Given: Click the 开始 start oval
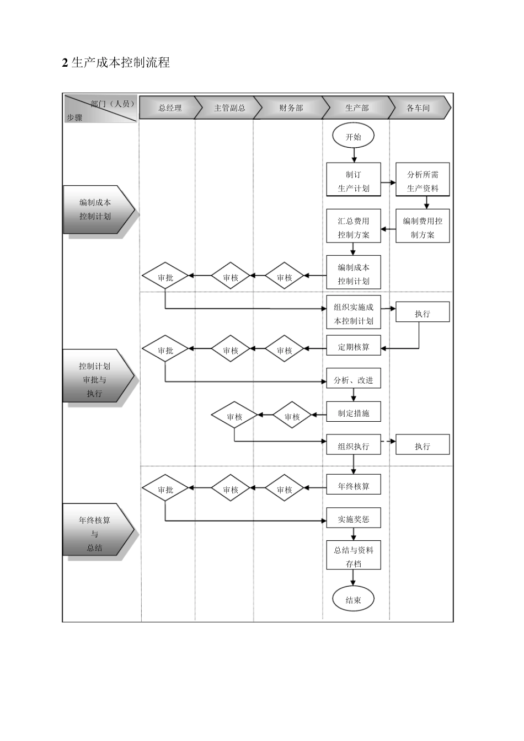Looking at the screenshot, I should [x=353, y=137].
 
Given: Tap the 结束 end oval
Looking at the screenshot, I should [x=353, y=600].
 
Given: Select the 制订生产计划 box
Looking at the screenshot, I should [x=354, y=181].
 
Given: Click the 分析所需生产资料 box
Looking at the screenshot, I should [x=423, y=181].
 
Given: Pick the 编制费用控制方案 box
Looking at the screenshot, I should [x=423, y=227].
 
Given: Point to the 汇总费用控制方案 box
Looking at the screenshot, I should [x=354, y=227].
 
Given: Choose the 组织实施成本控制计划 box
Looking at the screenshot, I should [x=354, y=314].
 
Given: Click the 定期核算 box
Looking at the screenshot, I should [x=354, y=347].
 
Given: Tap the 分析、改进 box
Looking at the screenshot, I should [x=354, y=380].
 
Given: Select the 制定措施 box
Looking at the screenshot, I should [x=354, y=413].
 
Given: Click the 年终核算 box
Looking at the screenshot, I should [x=354, y=486].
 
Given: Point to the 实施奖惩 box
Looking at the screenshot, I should [x=354, y=519].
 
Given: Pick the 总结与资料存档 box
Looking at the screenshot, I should [x=354, y=556].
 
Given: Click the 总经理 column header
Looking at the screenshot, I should [x=169, y=108].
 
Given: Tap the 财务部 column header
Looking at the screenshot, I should [x=291, y=108].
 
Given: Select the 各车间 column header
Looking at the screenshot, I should [x=418, y=108].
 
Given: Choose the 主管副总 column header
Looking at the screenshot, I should [x=229, y=108].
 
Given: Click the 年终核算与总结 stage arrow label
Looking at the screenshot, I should [x=95, y=533].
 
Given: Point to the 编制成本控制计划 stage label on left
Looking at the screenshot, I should [x=95, y=210].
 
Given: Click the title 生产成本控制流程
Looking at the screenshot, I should [x=116, y=63].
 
